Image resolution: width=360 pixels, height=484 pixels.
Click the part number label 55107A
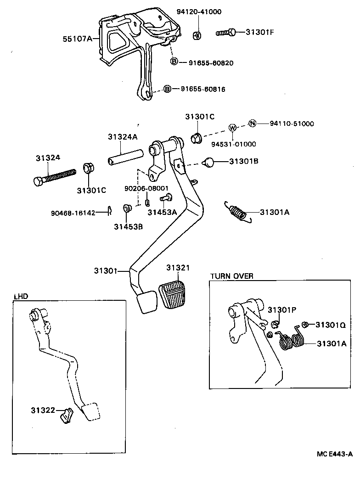pos(77,39)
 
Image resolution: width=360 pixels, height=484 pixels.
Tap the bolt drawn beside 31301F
pos(226,32)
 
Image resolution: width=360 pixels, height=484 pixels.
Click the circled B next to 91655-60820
pos(174,62)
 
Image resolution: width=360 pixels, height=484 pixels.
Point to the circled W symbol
pos(232,128)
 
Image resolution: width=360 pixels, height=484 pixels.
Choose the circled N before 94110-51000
pos(252,123)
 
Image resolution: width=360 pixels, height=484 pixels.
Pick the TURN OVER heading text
pos(231,276)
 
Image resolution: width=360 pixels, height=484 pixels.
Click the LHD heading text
pos(21,296)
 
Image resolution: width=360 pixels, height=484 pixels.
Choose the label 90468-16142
pos(73,213)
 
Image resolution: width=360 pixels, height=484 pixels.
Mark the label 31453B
pos(129,225)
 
